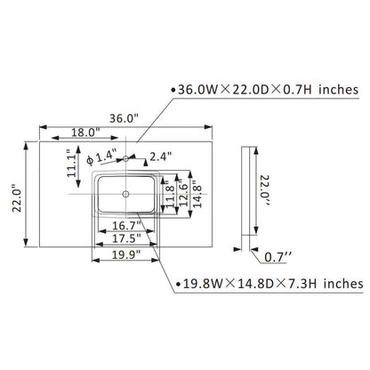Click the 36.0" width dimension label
coord(124,118)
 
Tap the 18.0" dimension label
coord(85,133)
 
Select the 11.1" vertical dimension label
coord(71,163)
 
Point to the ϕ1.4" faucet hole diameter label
coord(101,157)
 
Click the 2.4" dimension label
coord(161,157)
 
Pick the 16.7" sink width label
coord(126,226)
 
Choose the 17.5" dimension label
coord(126,238)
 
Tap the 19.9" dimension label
coord(126,254)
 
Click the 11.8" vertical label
coord(170,194)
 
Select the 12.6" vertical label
coord(183,194)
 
